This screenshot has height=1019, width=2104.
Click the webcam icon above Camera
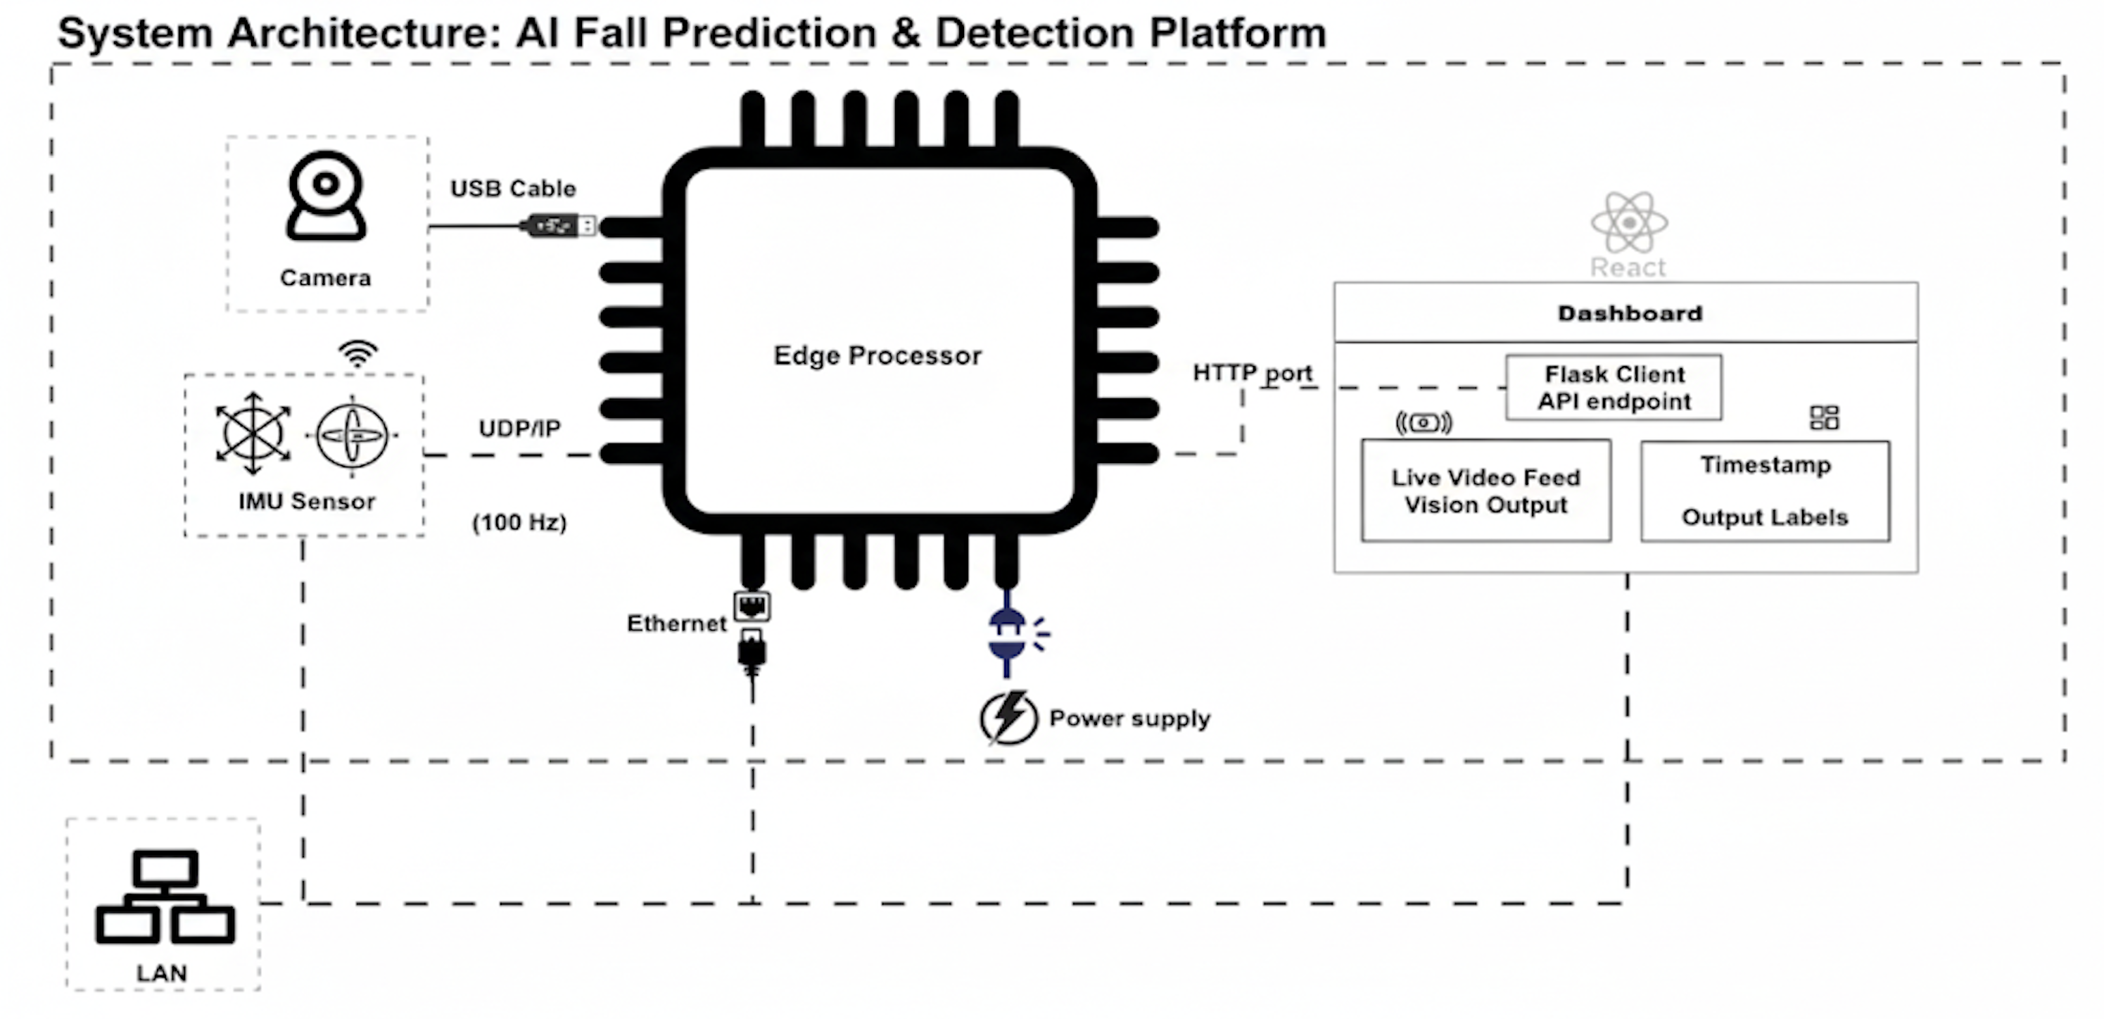pyautogui.click(x=326, y=196)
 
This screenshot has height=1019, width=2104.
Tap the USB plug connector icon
pyautogui.click(x=560, y=225)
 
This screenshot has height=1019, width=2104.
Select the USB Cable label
pyautogui.click(x=513, y=189)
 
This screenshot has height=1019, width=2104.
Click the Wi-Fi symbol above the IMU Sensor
pyautogui.click(x=357, y=353)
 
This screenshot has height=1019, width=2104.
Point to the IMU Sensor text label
pyautogui.click(x=307, y=501)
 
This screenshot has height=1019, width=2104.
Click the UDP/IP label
pyautogui.click(x=519, y=429)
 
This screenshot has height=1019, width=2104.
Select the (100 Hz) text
pyautogui.click(x=519, y=523)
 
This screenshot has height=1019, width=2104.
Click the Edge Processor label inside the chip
pyautogui.click(x=877, y=356)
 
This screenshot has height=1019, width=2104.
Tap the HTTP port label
pyautogui.click(x=1252, y=373)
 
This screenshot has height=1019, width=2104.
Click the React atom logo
pyautogui.click(x=1628, y=222)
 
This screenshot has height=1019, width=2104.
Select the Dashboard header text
pyautogui.click(x=1630, y=314)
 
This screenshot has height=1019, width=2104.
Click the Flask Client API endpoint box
pyautogui.click(x=1614, y=388)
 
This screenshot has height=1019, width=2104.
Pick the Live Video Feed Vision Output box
pyautogui.click(x=1485, y=490)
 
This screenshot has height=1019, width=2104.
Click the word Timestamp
pyautogui.click(x=1765, y=464)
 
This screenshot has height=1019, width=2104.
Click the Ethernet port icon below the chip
pyautogui.click(x=752, y=607)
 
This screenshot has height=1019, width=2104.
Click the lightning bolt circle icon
pyautogui.click(x=1008, y=718)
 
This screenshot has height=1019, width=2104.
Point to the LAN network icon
pyautogui.click(x=165, y=897)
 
